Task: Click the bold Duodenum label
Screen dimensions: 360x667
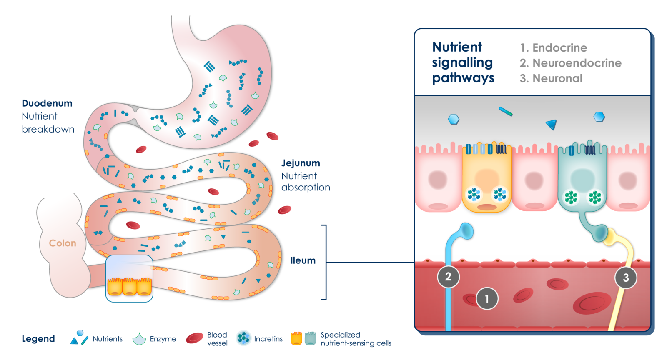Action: click(47, 103)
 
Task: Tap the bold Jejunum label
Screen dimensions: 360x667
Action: click(301, 163)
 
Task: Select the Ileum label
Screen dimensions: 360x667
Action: click(303, 260)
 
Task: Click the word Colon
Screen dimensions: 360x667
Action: click(63, 243)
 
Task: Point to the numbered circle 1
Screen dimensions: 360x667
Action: click(487, 298)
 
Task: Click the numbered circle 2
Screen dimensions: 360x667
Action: click(448, 276)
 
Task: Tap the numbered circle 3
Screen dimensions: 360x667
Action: click(626, 277)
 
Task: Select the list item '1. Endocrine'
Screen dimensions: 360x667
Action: click(553, 48)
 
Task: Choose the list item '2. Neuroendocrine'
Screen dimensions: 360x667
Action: click(570, 63)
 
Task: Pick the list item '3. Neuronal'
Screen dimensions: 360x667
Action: click(551, 78)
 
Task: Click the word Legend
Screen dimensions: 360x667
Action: click(38, 339)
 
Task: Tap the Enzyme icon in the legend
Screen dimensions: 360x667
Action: click(139, 339)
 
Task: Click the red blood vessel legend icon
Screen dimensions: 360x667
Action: click(194, 338)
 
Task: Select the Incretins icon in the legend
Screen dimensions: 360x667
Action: click(244, 338)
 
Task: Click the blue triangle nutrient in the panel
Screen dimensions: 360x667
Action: click(552, 124)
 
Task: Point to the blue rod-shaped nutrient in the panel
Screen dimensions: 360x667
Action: click(506, 111)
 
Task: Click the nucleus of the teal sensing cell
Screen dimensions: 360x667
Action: click(582, 179)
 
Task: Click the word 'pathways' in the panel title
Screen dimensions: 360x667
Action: click(463, 78)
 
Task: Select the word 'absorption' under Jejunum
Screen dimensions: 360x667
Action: click(306, 187)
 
